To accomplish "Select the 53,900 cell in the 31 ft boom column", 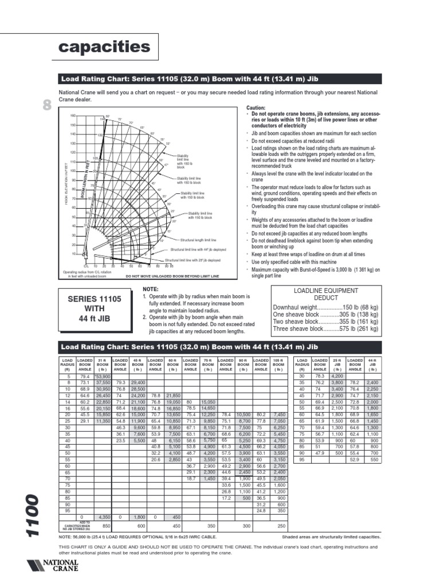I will (103, 377).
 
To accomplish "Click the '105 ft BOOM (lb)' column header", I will (278, 365).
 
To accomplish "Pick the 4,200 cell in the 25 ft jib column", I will (337, 377).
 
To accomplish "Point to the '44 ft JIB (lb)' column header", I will (372, 365).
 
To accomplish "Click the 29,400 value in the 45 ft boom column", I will (138, 382).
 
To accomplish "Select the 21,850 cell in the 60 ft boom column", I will (173, 396).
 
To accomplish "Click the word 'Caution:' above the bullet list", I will (256, 108).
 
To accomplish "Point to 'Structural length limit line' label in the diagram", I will (198, 240).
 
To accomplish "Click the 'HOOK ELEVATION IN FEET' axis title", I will (66, 184).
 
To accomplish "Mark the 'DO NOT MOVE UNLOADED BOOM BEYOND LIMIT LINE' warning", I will (172, 276).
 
